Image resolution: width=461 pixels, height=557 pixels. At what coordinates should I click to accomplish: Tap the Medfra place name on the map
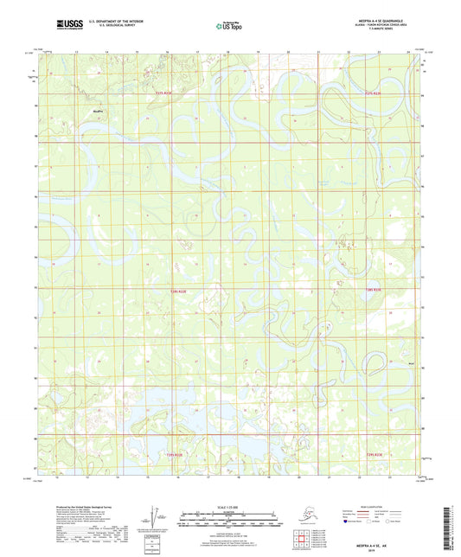pos(97,111)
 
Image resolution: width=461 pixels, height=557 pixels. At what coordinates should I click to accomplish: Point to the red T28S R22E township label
pos(176,291)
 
